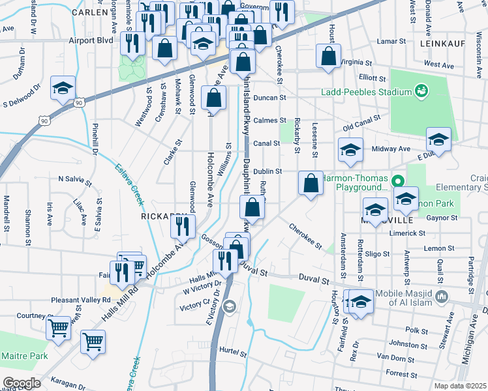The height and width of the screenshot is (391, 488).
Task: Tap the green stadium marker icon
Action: [421, 89]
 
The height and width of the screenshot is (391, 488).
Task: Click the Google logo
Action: [21, 383]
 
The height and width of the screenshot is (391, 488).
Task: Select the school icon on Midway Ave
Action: [350, 151]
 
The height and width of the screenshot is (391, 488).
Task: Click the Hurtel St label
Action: [236, 350]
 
